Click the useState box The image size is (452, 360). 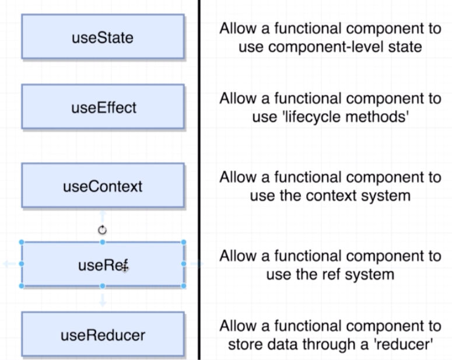(103, 37)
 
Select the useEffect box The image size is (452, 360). (103, 107)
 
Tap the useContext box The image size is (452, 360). (103, 186)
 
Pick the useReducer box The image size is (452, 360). (103, 334)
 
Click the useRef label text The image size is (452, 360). (103, 265)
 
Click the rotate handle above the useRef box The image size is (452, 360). (102, 230)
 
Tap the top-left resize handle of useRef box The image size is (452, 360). (22, 242)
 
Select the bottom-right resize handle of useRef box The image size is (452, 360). (184, 286)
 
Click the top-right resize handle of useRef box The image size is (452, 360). (184, 242)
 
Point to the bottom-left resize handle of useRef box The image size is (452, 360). (22, 286)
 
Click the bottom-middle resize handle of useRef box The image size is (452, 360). (103, 286)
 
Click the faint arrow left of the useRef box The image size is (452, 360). (9, 264)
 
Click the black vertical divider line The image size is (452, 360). (199, 180)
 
